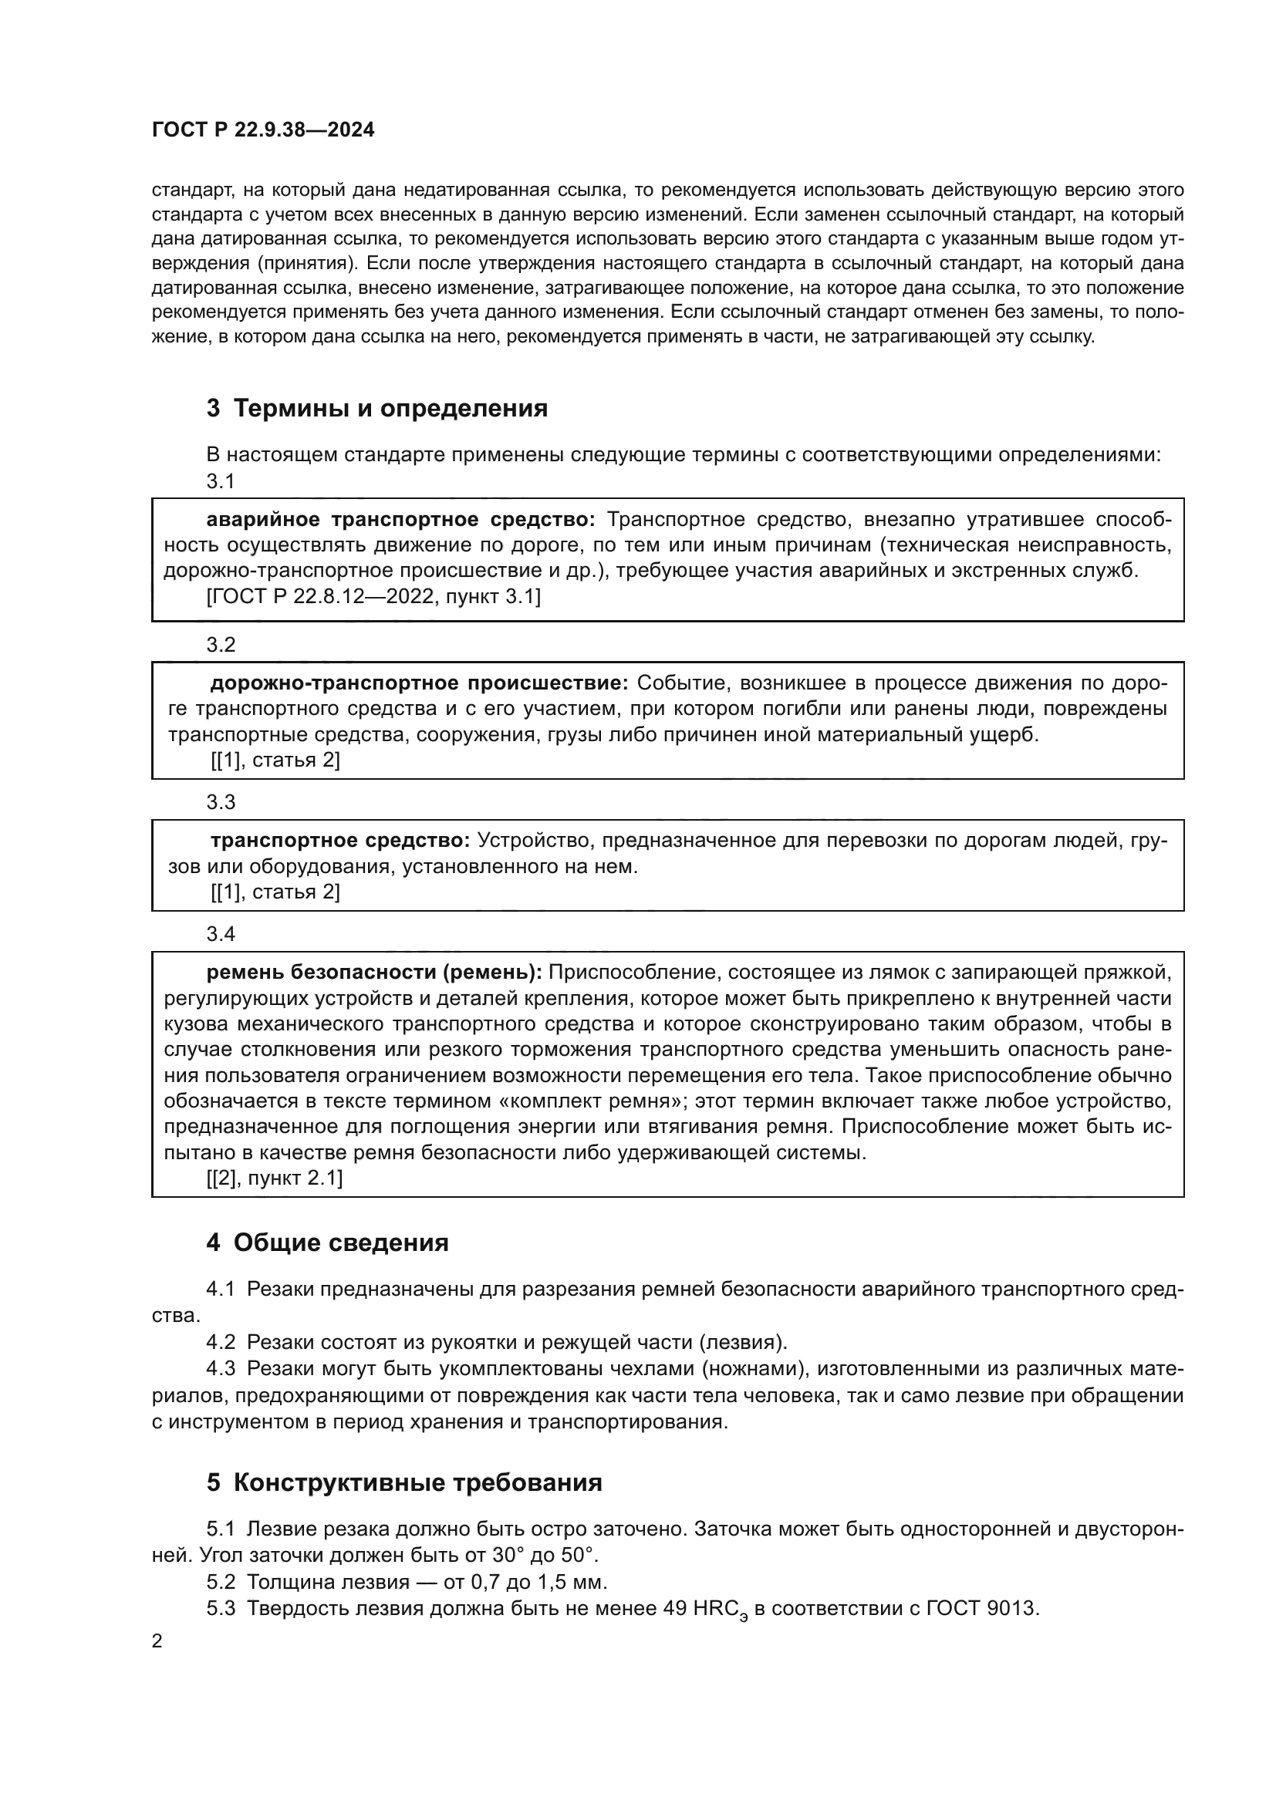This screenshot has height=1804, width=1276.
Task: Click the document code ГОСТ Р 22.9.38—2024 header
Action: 263,130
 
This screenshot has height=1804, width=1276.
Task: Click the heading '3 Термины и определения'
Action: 377,409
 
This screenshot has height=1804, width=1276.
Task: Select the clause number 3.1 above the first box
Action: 221,481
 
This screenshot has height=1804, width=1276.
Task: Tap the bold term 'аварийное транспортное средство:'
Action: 400,519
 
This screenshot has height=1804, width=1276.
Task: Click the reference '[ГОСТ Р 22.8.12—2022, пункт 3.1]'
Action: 373,597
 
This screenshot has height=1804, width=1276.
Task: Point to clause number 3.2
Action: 221,645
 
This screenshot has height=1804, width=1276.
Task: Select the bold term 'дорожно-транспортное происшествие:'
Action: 419,683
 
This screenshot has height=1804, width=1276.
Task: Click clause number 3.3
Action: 221,802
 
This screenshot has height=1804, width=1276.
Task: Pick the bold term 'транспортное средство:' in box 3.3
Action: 339,841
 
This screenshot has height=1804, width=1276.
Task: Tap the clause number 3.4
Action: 221,934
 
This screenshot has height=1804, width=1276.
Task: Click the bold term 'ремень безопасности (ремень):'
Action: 374,973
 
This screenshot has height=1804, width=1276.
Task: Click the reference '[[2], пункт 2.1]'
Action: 275,1179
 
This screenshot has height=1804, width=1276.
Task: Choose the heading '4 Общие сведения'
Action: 328,1243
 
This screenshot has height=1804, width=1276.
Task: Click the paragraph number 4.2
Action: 221,1342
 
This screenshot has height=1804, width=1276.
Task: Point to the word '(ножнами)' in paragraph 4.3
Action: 754,1369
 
